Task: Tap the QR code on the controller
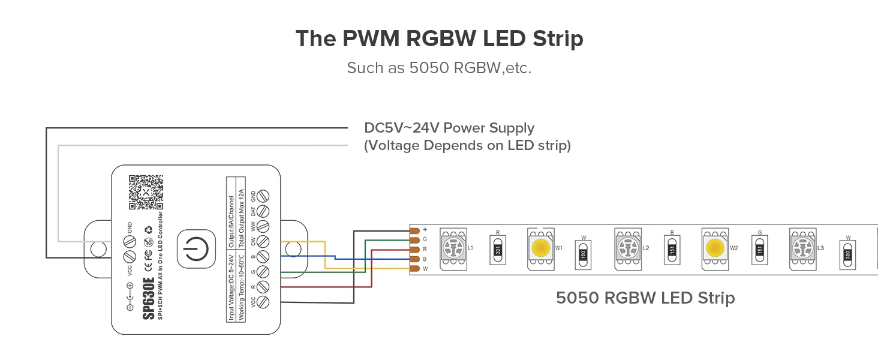pos(146,192)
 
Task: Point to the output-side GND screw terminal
pos(262,196)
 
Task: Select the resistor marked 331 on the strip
pos(497,248)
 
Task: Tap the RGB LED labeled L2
pos(627,247)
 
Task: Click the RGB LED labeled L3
pos(802,247)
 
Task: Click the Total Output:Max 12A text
pos(242,208)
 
